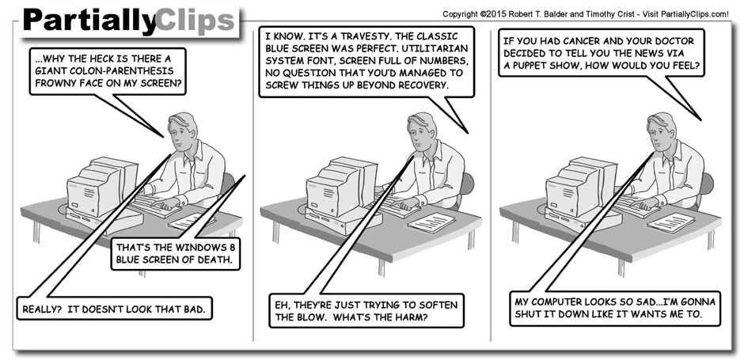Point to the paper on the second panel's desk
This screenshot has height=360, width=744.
click(431, 221)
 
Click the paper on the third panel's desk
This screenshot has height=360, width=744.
click(670, 222)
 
